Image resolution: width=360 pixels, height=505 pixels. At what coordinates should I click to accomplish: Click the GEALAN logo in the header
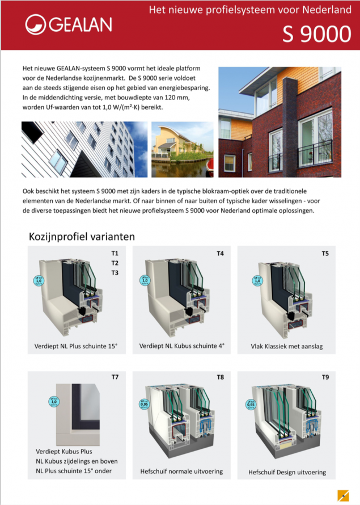69,25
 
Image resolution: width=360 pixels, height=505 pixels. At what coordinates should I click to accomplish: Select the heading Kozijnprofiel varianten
81,235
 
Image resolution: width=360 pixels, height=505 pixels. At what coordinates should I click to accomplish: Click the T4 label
220,253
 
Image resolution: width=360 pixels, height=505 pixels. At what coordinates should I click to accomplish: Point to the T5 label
325,253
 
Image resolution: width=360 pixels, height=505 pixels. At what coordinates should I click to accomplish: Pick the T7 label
115,377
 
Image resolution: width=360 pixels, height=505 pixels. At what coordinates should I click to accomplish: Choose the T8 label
220,377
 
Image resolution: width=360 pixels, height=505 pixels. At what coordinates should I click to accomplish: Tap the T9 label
325,377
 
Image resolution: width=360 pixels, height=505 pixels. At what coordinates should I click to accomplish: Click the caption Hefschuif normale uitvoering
181,471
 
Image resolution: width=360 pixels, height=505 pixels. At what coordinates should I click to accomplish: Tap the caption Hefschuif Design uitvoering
287,472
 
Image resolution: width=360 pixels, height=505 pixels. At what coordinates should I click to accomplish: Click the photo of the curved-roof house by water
181,149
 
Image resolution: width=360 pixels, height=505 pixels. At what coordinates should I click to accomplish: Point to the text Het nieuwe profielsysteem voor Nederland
249,10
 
